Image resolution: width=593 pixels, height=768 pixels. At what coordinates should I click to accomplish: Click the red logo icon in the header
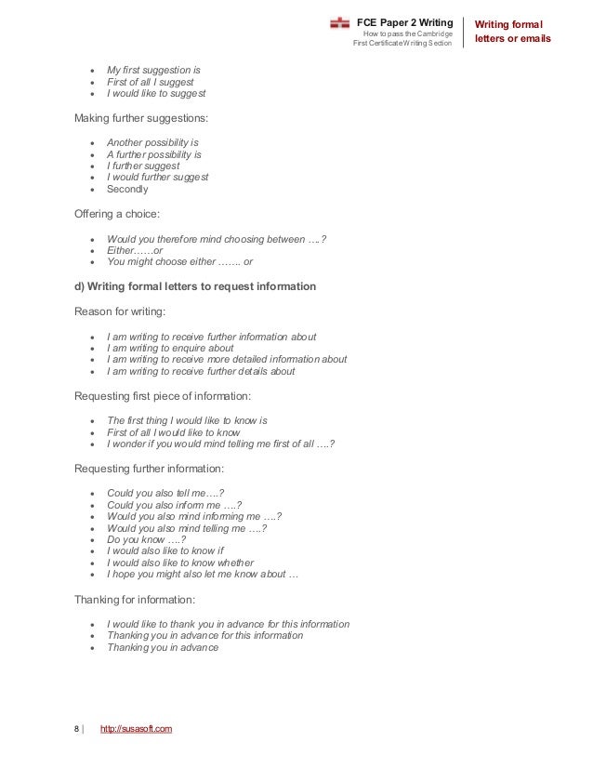click(340, 22)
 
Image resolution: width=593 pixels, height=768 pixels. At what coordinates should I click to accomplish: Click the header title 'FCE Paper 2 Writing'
click(405, 21)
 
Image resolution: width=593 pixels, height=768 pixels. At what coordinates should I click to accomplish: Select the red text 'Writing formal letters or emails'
click(513, 31)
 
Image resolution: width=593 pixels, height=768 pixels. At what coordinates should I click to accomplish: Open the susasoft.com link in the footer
click(136, 728)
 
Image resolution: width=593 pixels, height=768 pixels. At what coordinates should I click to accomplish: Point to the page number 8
click(76, 728)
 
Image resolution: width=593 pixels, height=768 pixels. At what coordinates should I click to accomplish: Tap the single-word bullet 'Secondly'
click(127, 189)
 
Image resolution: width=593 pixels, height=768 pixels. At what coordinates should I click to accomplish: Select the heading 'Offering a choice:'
click(118, 213)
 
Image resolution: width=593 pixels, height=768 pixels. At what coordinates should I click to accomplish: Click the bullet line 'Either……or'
click(135, 250)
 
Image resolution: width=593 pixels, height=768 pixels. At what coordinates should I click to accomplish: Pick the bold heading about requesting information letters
click(194, 286)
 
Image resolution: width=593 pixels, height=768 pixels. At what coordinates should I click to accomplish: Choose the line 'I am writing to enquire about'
click(170, 348)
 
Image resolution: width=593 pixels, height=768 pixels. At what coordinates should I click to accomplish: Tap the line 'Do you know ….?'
click(146, 539)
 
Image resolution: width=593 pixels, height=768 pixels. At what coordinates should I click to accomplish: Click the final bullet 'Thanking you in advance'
click(163, 647)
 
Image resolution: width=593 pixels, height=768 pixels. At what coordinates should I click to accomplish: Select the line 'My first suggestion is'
click(153, 70)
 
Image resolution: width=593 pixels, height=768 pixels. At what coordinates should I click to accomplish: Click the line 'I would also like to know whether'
click(180, 563)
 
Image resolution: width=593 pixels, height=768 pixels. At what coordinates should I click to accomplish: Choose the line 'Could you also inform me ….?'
click(175, 504)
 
